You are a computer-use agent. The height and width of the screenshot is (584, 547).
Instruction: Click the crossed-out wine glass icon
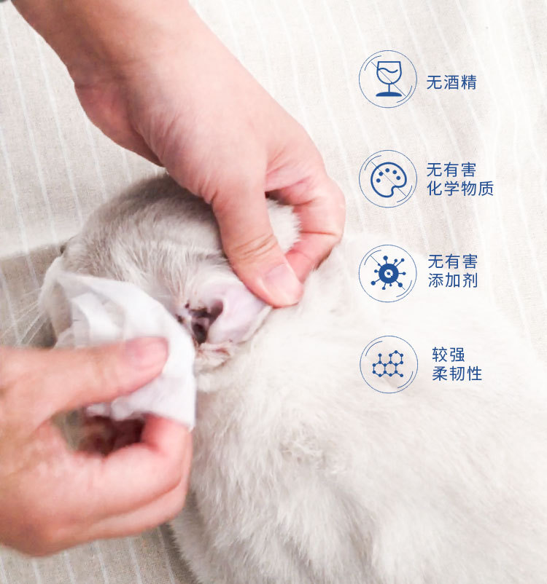(389, 79)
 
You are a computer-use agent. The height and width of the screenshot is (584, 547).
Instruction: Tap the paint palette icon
(388, 179)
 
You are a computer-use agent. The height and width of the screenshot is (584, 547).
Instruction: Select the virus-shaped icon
(388, 273)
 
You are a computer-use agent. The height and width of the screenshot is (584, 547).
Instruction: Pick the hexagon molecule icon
(389, 364)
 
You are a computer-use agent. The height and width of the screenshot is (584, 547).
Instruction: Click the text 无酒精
(451, 82)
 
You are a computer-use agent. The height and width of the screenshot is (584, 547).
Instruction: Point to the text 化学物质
(460, 188)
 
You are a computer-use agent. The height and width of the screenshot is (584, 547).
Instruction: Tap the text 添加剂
(453, 280)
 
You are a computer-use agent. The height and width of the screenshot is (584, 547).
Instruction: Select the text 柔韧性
(457, 374)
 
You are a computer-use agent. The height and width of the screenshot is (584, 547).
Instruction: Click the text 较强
(449, 355)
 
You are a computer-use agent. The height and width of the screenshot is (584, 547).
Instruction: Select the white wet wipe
(123, 335)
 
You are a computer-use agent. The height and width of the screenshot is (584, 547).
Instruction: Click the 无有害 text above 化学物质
(451, 170)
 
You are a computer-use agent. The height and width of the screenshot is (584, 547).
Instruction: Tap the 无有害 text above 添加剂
(453, 261)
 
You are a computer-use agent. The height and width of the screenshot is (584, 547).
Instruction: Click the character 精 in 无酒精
(469, 82)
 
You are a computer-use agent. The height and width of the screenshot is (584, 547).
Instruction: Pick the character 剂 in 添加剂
(470, 280)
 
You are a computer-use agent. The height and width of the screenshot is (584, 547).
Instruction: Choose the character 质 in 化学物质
(486, 188)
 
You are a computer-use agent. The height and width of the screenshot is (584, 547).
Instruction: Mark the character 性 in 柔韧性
(474, 374)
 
